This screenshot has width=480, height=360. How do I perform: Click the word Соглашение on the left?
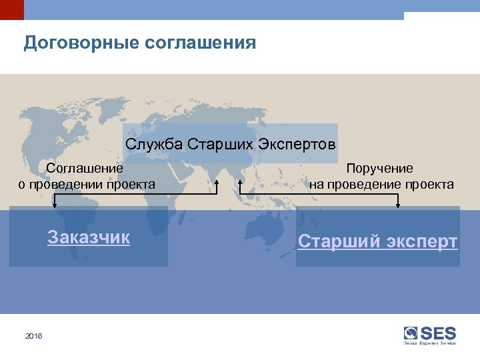(85, 169)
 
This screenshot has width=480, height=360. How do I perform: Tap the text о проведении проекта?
(87, 184)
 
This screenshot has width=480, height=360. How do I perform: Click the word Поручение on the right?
(379, 169)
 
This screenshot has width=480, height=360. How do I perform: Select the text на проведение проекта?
(381, 184)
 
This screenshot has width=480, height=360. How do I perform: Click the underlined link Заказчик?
(89, 237)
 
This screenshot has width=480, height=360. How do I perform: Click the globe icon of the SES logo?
(411, 333)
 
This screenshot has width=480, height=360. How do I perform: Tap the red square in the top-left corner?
(11, 9)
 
